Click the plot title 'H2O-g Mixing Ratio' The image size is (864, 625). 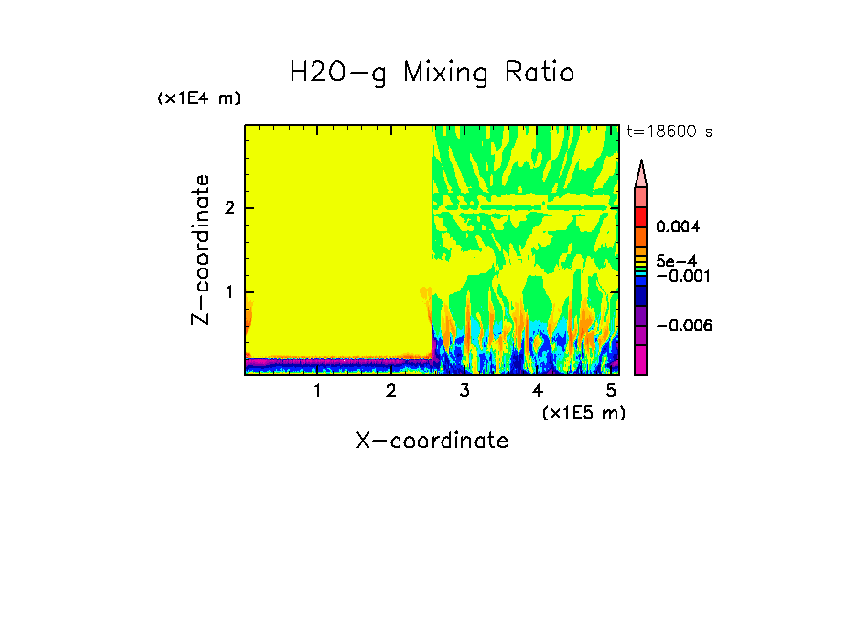point(432,73)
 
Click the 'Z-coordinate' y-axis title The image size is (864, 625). point(201,249)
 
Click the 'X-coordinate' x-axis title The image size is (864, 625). point(432,441)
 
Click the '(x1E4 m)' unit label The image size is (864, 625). point(199,98)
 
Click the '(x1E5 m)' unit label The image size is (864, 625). point(583,412)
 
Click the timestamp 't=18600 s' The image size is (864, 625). point(669,132)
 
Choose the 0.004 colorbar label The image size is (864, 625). point(679,227)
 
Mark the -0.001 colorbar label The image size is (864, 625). point(679,276)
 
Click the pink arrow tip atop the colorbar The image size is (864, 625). point(641,173)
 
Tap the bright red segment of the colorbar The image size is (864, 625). point(641,216)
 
